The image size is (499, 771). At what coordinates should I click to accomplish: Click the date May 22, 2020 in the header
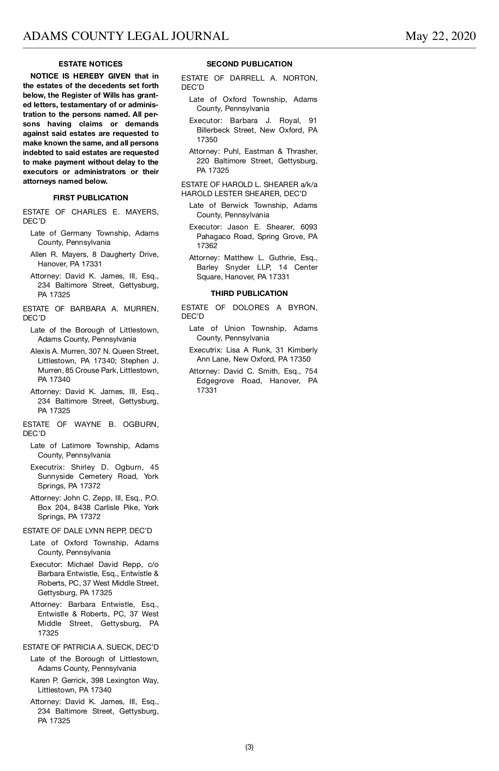[440, 36]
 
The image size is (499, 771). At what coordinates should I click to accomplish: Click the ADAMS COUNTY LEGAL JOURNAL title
[126, 36]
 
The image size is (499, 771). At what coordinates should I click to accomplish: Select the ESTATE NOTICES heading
[90, 64]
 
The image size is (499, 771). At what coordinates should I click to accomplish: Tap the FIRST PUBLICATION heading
[90, 198]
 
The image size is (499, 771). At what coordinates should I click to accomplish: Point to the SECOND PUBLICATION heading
[249, 64]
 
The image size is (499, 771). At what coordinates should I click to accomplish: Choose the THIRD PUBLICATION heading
[249, 293]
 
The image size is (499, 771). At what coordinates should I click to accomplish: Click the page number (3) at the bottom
[249, 747]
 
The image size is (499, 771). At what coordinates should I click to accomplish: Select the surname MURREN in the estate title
[141, 309]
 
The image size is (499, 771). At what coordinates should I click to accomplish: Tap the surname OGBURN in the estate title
[141, 424]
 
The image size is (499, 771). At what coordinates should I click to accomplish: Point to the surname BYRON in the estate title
[303, 308]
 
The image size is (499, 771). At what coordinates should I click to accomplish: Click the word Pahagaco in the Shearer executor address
[213, 236]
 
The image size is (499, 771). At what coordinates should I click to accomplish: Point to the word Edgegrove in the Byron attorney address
[215, 381]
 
